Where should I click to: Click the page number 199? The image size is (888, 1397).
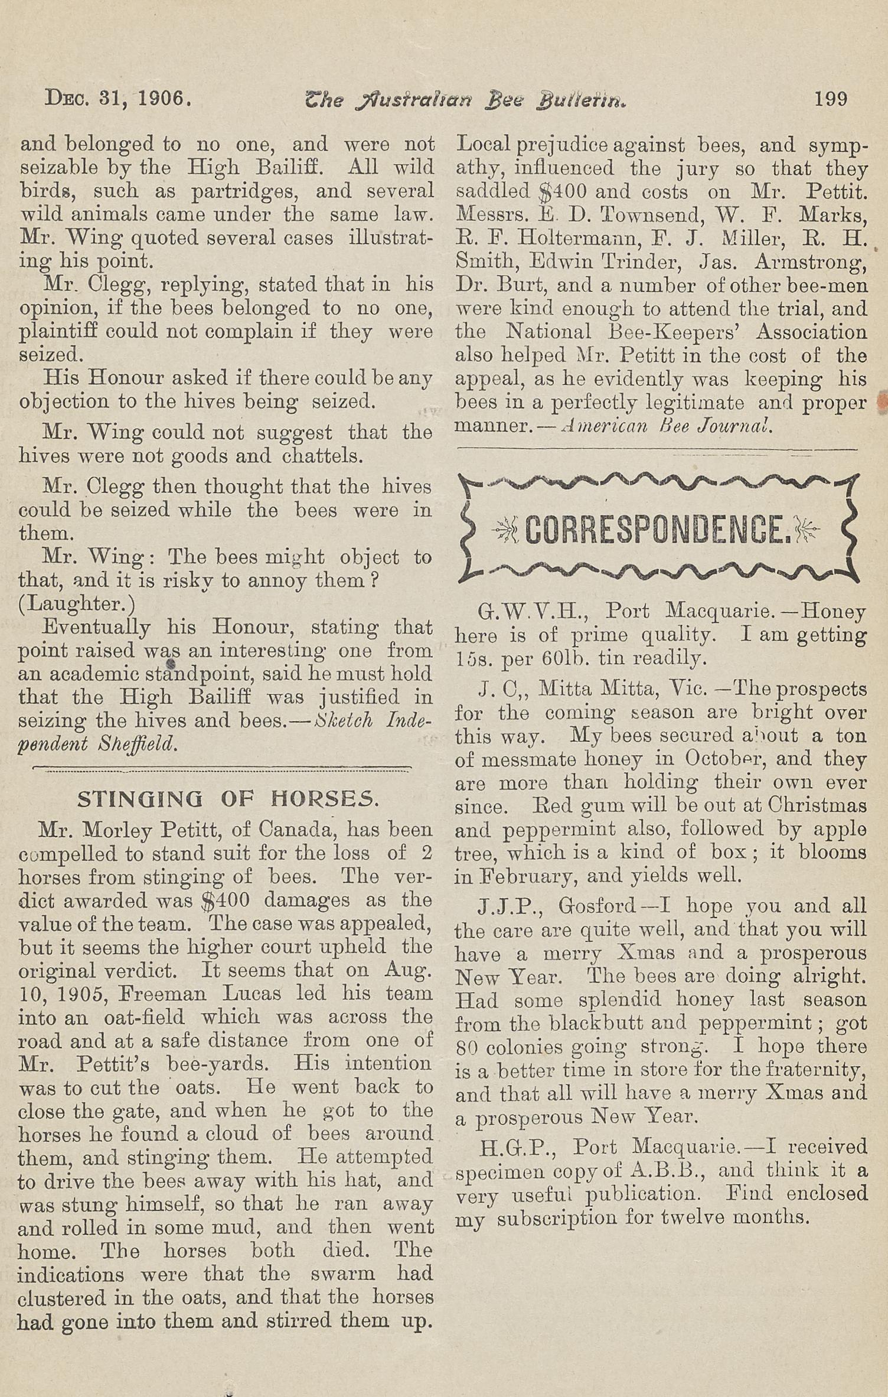click(x=831, y=98)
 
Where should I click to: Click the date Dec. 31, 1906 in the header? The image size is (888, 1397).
click(x=118, y=97)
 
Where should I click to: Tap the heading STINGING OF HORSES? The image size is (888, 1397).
click(x=228, y=799)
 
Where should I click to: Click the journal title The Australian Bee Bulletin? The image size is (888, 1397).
click(x=465, y=100)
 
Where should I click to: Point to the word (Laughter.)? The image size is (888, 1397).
click(x=77, y=604)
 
